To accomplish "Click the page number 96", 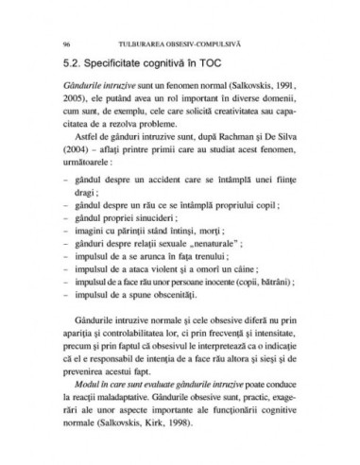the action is pyautogui.click(x=65, y=43).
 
